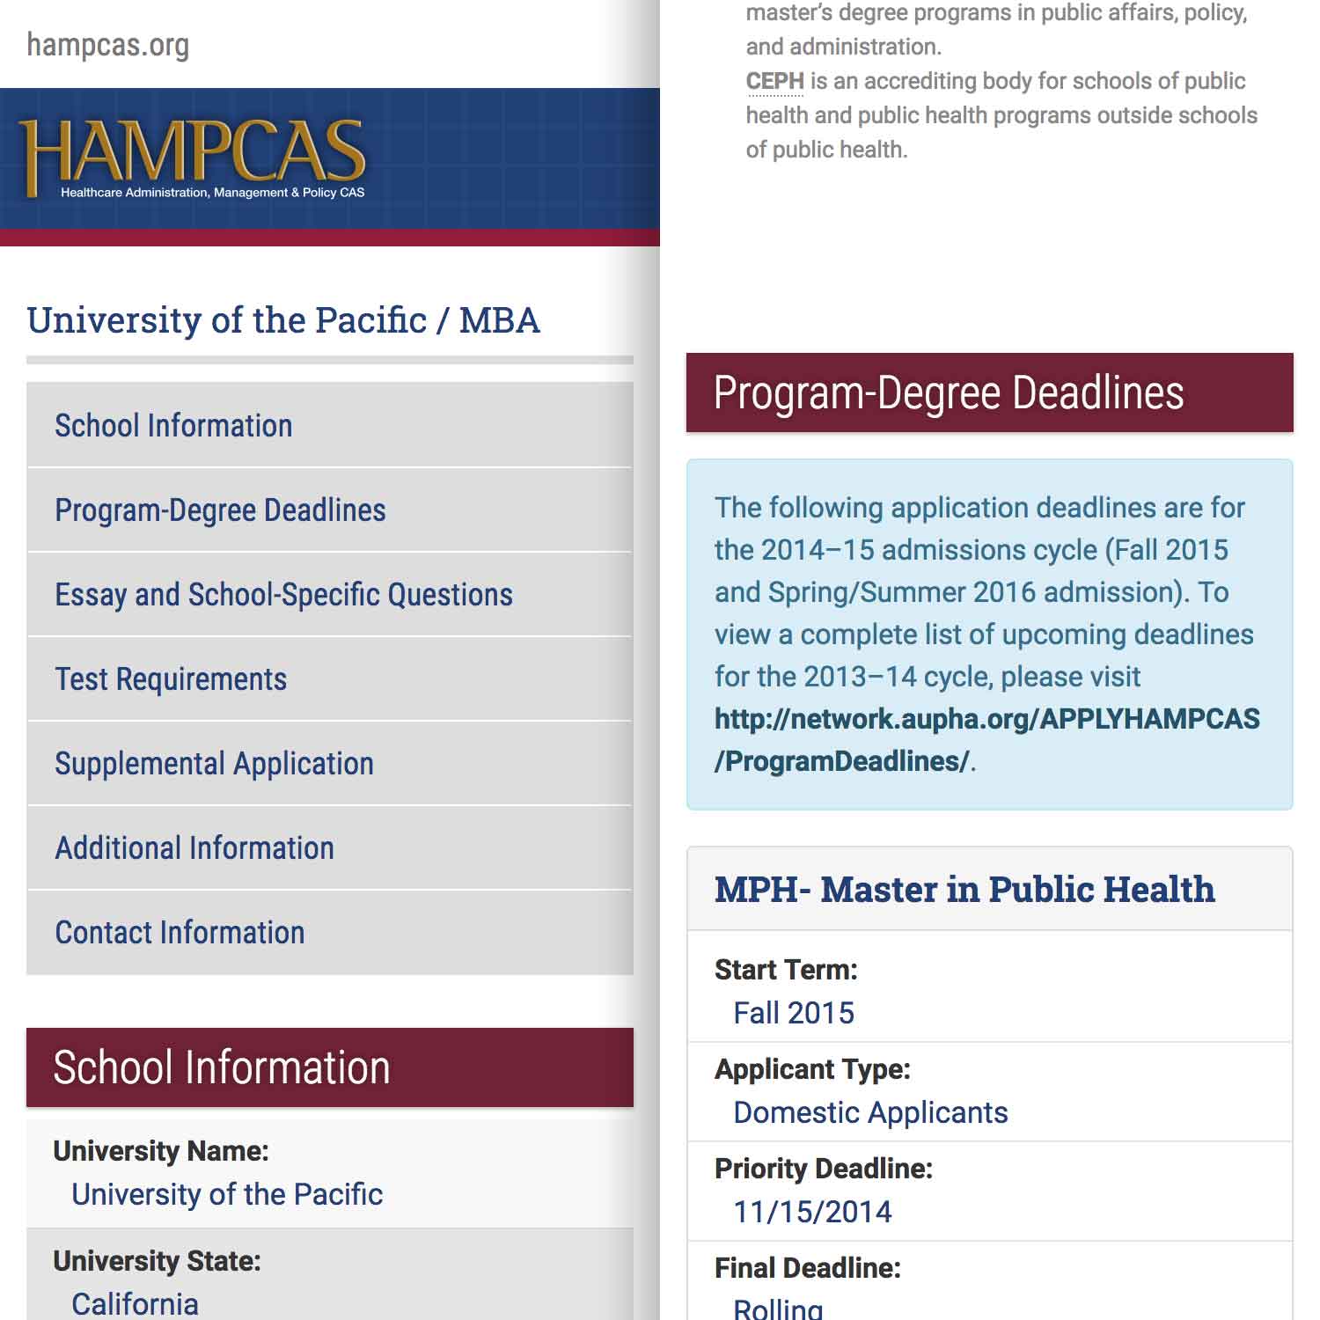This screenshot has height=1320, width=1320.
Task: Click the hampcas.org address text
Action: coord(107,45)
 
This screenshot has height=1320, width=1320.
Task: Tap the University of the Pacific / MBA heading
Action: coord(282,320)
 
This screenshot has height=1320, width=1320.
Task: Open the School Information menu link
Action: coord(173,426)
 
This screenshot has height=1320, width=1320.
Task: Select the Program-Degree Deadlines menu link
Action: coord(220,510)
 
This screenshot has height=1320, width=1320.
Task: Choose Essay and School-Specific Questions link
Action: coord(283,595)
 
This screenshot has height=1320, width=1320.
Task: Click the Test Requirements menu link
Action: coord(171,679)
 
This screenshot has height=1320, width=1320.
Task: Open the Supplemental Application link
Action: coord(214,764)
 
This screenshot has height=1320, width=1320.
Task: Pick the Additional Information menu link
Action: coord(194,848)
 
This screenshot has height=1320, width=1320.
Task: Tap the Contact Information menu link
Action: coord(180,933)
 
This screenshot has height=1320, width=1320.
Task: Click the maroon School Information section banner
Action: coord(329,1067)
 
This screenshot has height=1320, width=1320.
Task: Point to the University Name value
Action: coord(227,1194)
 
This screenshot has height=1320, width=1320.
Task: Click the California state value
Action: coord(135,1303)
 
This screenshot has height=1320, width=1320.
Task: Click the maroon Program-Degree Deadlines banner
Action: coord(989,392)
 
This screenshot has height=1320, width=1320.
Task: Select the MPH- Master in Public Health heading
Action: coord(964,890)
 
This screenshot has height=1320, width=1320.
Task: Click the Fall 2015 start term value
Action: coord(794,1013)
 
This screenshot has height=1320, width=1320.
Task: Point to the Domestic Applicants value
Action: coord(870,1112)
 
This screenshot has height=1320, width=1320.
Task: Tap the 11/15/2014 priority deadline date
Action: coord(812,1212)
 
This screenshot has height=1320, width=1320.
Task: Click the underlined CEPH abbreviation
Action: coord(774,81)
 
